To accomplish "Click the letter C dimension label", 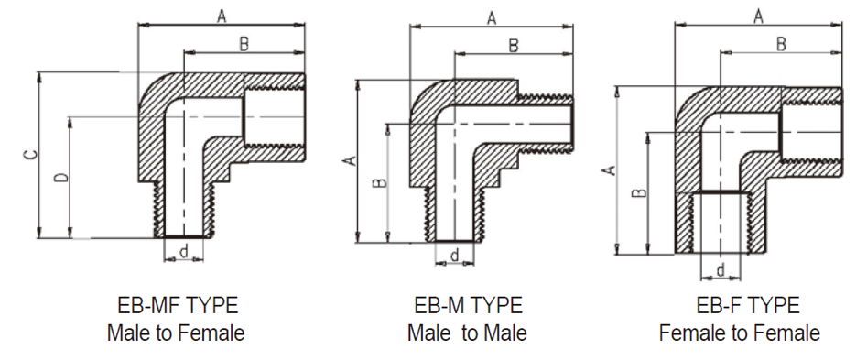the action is click(32, 156).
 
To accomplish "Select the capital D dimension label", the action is click(63, 177).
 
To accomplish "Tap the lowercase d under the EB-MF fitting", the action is click(184, 252).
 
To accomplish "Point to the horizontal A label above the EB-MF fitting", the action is click(222, 16).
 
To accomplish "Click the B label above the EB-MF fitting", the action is click(244, 44).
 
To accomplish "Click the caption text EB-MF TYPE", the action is click(178, 305).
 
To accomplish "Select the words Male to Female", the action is click(176, 333).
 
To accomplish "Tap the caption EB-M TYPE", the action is click(469, 305).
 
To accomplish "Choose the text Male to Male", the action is click(467, 333).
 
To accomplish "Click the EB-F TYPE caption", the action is click(748, 305).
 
